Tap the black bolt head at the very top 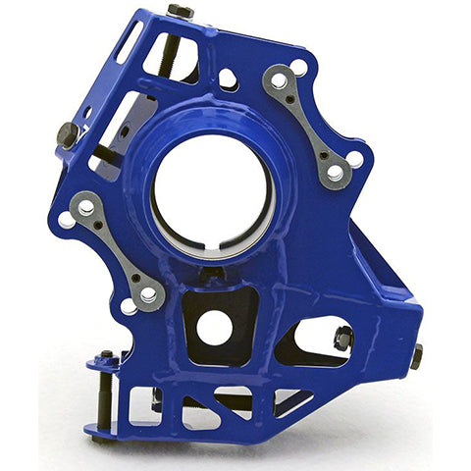tap(181, 11)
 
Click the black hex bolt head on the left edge tap(67, 134)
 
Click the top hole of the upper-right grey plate tap(280, 79)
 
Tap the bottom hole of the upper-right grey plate tap(335, 173)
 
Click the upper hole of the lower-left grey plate tap(86, 208)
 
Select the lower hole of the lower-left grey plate tap(146, 293)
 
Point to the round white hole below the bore tap(215, 328)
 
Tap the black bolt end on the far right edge tap(416, 355)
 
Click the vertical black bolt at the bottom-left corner tap(106, 392)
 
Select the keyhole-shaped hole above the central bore tap(228, 78)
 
